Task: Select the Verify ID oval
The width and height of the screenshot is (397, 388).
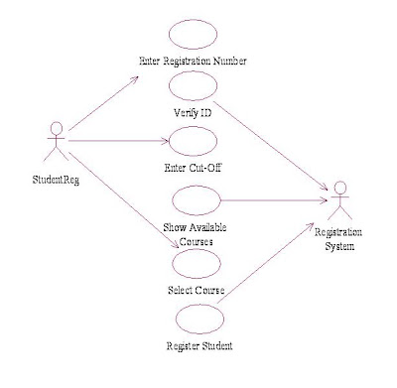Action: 193,71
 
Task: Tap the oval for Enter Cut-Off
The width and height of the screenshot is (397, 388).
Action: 193,127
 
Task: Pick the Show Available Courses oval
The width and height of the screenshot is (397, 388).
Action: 197,187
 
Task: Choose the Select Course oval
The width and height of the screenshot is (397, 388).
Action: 197,250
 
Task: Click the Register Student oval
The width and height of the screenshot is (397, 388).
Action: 199,306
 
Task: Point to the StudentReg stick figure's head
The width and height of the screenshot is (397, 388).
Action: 57,128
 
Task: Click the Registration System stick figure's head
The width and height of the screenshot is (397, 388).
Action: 340,188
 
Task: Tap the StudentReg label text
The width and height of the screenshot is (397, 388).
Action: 56,180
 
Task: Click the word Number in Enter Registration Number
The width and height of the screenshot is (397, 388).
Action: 230,62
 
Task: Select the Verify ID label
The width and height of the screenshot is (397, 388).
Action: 193,113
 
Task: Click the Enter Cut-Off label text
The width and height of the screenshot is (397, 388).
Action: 193,168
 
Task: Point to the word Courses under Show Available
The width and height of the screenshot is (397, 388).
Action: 197,241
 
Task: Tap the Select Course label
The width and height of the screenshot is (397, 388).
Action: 197,291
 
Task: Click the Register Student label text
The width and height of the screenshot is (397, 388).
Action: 199,346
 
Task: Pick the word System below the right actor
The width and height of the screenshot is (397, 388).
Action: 339,246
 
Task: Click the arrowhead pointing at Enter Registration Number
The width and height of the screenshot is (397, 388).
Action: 135,79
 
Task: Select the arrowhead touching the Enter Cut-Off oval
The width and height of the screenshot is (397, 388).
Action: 165,141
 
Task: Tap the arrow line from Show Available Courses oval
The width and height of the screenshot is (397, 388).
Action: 274,200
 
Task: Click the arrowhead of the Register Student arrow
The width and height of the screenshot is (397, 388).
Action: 310,226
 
